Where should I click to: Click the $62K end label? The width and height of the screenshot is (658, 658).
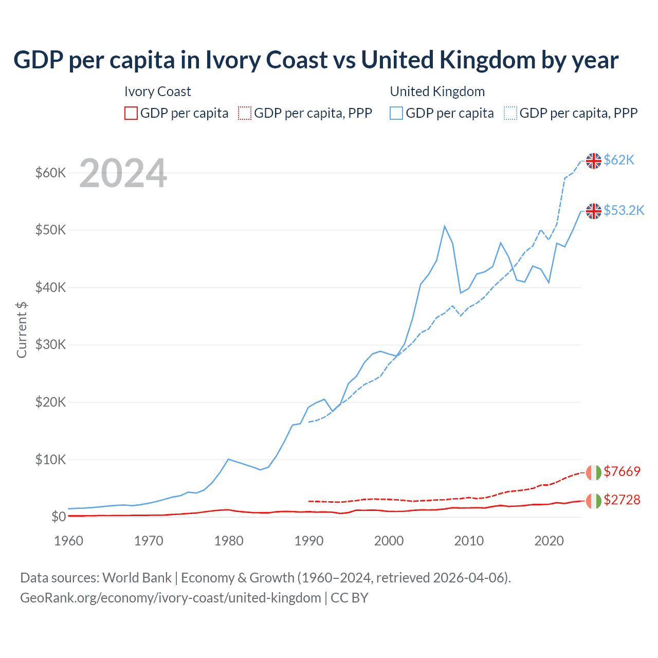[619, 160]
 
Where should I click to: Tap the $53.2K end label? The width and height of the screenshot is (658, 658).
[624, 211]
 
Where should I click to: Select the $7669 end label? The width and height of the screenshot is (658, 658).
[622, 471]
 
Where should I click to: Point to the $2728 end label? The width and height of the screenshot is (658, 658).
[622, 500]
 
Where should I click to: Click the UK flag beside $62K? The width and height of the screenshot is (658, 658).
[594, 161]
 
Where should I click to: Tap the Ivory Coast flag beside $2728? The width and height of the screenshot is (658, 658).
[594, 501]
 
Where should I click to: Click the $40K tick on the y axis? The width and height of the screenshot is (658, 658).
[51, 287]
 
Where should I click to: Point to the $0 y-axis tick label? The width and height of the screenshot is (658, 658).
[59, 517]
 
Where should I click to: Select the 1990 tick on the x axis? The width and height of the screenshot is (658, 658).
[309, 541]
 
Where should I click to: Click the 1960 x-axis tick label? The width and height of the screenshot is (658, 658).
[69, 541]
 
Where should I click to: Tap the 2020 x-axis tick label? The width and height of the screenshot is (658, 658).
[549, 541]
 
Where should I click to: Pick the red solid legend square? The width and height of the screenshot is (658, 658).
[131, 113]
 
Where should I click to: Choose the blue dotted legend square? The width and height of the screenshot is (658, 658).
[510, 113]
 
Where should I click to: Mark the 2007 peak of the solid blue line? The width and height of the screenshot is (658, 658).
[445, 226]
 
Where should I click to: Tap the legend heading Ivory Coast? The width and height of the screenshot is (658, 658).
[157, 92]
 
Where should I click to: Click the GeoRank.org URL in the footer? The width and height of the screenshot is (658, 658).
[171, 598]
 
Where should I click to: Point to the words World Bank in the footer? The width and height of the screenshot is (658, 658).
[137, 578]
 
